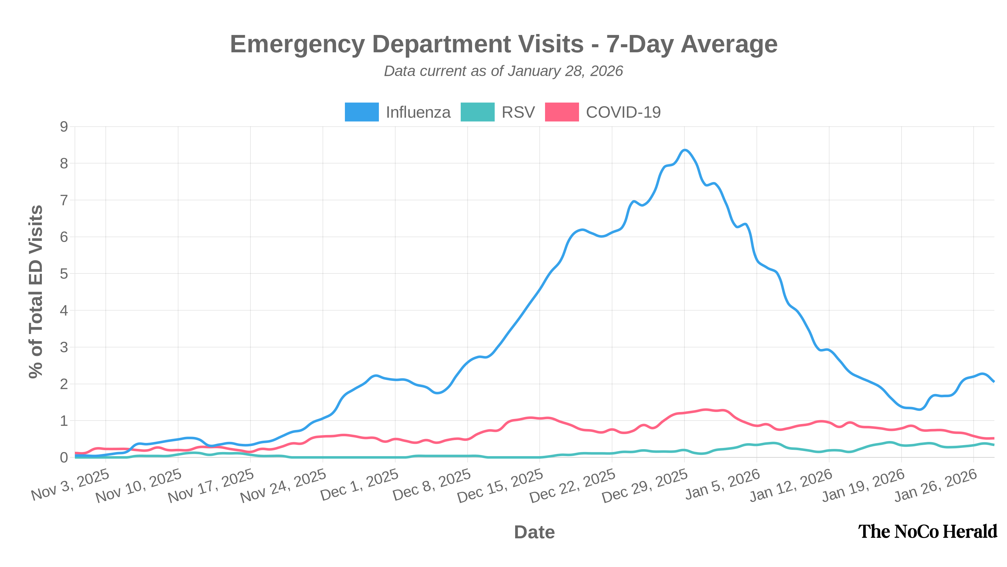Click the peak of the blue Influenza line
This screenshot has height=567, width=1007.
(684, 150)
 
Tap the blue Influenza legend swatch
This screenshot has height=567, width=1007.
(362, 112)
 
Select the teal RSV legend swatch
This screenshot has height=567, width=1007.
(477, 112)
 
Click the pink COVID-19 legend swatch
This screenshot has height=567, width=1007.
(562, 112)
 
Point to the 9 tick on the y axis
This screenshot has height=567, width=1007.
(64, 127)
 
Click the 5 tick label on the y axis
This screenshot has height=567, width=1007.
(64, 274)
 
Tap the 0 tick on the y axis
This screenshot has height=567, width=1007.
(64, 457)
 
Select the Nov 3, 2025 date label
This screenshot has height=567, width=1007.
(71, 485)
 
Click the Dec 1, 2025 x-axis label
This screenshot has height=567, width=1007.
(360, 485)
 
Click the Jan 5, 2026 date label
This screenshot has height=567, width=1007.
(723, 484)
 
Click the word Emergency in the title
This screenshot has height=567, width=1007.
(297, 44)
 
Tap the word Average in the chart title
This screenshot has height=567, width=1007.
(729, 44)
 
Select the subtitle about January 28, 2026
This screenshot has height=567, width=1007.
(503, 71)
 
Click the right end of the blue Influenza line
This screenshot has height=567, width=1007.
(994, 381)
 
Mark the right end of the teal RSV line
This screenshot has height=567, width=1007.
(994, 445)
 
